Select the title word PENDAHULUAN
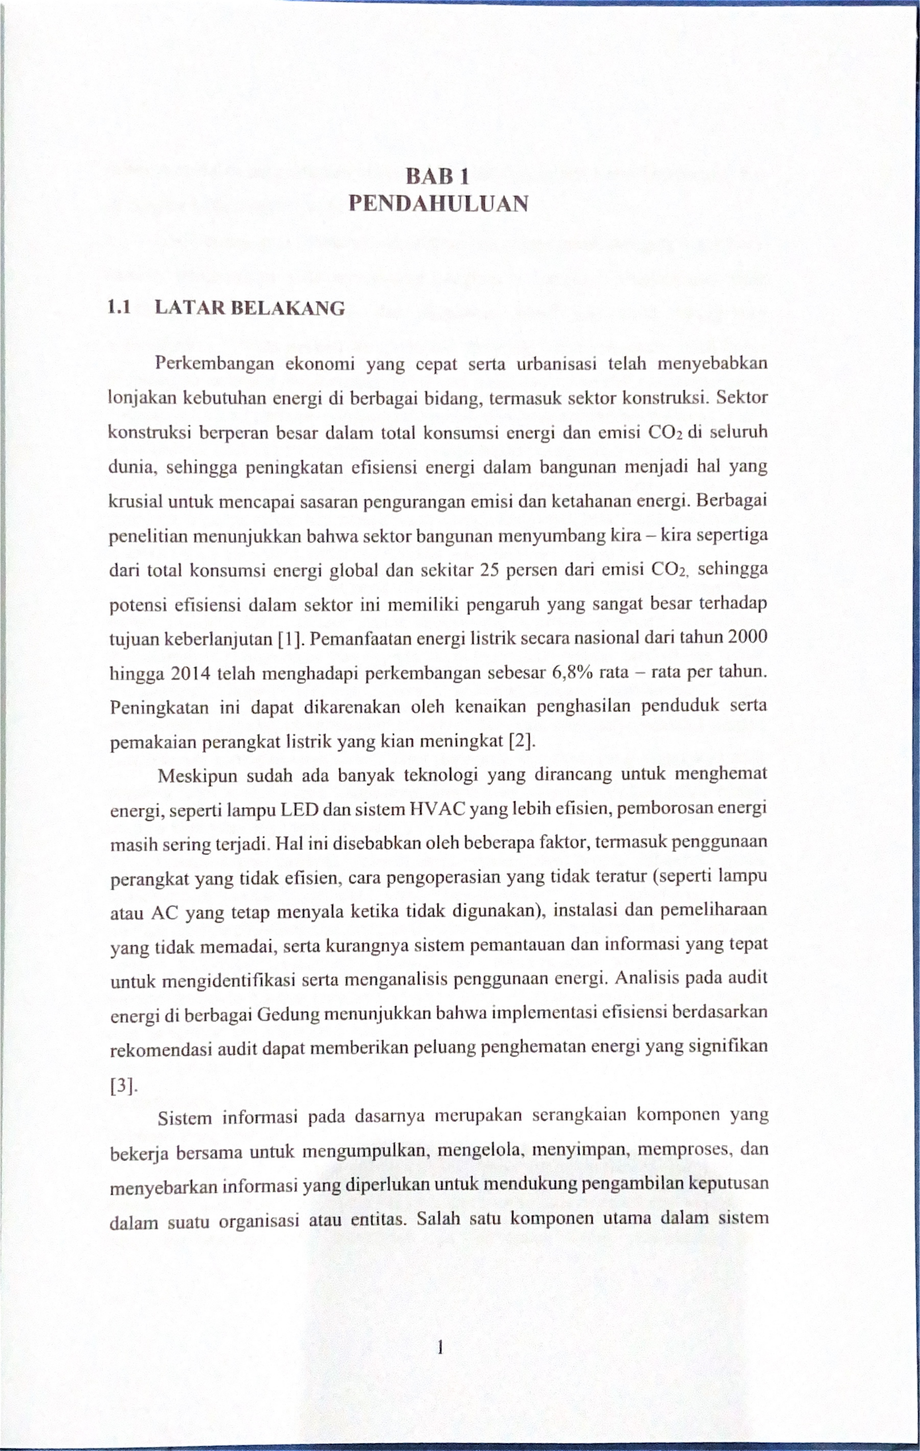click(439, 204)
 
